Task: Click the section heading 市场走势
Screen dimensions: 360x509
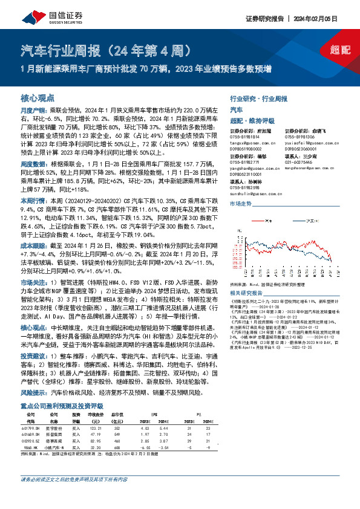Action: tap(241, 204)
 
